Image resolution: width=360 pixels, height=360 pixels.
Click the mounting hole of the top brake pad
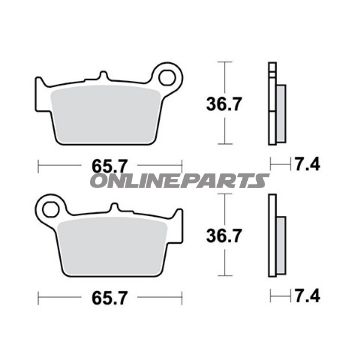pos(167,78)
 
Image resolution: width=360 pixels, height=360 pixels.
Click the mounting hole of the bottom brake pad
pos(50,210)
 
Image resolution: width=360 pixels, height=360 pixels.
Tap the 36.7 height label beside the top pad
pos(223,104)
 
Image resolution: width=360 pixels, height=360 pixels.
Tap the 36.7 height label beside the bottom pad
pos(223,236)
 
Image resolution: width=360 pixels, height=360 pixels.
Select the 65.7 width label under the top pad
pos(110,166)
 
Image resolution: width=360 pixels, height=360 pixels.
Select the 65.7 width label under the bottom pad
pos(110,297)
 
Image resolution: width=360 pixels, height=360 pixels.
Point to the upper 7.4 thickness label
pos(307,164)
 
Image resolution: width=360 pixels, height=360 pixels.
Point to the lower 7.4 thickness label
pos(307,296)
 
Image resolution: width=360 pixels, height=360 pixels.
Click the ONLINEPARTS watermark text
pos(179,181)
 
